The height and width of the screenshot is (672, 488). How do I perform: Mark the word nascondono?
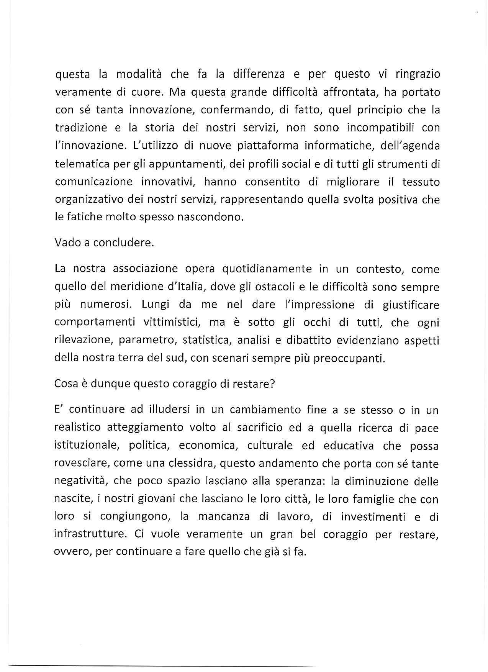pyautogui.click(x=210, y=217)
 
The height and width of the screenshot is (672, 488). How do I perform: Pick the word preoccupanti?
pyautogui.click(x=349, y=358)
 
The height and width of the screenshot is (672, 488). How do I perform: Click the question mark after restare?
pyautogui.click(x=272, y=384)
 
